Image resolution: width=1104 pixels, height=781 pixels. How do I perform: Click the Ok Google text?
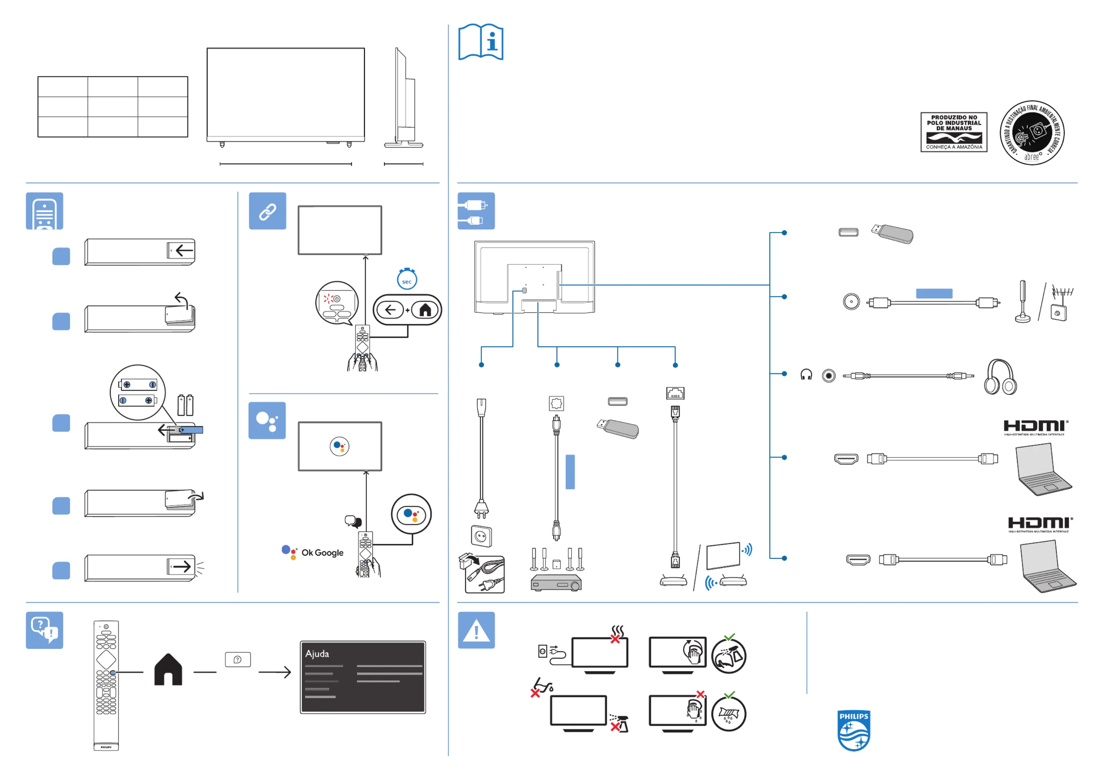(x=322, y=552)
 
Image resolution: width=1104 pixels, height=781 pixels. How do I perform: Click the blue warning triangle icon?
(x=476, y=630)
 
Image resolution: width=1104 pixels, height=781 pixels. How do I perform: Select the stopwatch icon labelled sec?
(x=407, y=279)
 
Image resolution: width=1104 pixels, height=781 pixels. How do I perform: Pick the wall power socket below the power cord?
(x=481, y=536)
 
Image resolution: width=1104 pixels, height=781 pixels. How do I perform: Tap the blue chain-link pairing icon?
(x=267, y=211)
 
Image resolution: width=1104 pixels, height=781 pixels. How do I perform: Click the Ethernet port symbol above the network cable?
(x=675, y=393)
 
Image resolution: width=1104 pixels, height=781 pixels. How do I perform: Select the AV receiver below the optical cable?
(x=556, y=583)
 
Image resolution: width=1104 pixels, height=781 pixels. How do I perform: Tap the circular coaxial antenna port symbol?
(x=851, y=302)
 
